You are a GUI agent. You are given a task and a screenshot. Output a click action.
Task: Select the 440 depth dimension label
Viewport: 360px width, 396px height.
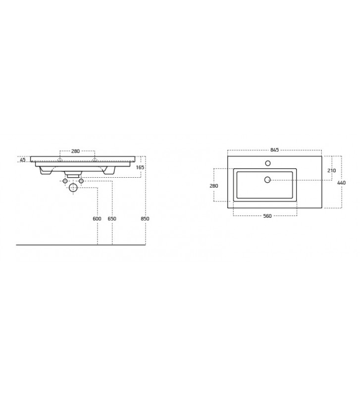(x=341, y=183)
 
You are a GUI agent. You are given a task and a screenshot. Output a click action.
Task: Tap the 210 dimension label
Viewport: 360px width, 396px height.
(x=332, y=170)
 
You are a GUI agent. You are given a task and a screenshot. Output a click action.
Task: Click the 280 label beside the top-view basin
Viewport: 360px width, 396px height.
(x=214, y=186)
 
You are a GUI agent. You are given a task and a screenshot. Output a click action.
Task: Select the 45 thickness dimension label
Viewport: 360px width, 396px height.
(x=23, y=159)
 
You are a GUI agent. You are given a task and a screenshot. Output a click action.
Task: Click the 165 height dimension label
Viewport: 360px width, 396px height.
(x=140, y=168)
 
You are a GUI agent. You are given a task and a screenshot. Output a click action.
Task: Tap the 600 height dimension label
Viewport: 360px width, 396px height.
(x=97, y=218)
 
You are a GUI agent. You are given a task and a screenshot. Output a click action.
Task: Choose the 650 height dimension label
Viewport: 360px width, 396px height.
(x=112, y=218)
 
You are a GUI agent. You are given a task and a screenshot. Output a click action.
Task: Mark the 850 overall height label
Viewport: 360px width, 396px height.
(x=145, y=218)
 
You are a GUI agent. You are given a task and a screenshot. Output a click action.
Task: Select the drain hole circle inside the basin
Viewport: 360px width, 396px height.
(x=268, y=179)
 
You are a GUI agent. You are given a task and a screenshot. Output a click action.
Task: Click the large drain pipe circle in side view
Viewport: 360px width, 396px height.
(x=73, y=188)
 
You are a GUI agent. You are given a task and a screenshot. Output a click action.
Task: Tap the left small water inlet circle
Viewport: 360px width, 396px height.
(x=65, y=181)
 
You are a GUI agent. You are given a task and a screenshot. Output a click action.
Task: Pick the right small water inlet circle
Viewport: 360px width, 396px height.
(x=81, y=181)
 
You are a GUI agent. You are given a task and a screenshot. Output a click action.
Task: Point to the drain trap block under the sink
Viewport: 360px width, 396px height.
(x=73, y=175)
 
